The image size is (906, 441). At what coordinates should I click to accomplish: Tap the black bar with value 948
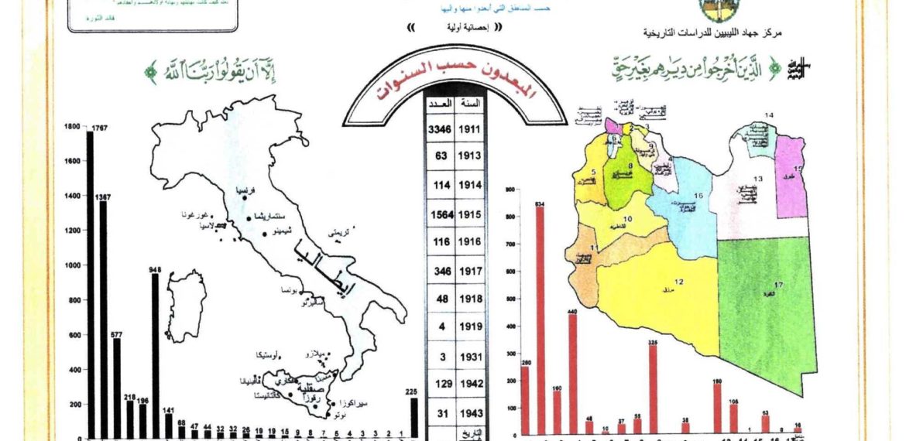coord(155,356)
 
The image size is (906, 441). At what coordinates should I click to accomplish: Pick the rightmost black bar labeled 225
coord(414,418)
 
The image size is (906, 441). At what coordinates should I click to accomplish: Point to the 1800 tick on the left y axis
coord(72,126)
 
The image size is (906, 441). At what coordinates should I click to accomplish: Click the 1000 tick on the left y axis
coord(72,265)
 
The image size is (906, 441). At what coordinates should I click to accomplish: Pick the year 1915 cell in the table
coord(470,214)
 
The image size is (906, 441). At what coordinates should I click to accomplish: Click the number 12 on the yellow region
coord(679,281)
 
